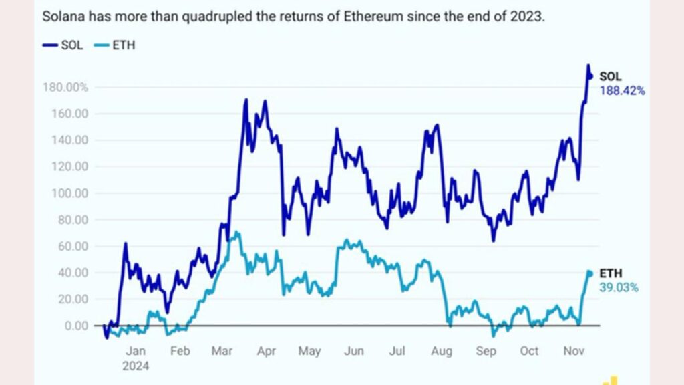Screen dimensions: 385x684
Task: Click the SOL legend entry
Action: (x=63, y=46)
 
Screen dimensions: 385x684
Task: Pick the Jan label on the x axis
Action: (x=136, y=351)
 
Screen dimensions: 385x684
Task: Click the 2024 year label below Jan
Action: (x=136, y=366)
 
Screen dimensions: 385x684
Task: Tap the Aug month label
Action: (x=442, y=351)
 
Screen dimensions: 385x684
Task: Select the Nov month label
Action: (x=572, y=351)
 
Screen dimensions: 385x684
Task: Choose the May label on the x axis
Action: (x=309, y=351)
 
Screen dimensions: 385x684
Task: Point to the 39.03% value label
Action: (x=619, y=287)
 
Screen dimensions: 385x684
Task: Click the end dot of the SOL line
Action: (x=590, y=76)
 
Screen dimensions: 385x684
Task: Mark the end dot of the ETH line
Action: (x=590, y=273)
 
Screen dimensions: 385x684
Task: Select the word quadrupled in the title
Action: (x=218, y=17)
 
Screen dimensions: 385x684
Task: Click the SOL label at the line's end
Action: (x=611, y=77)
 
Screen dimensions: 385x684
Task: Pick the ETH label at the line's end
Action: (x=610, y=274)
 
